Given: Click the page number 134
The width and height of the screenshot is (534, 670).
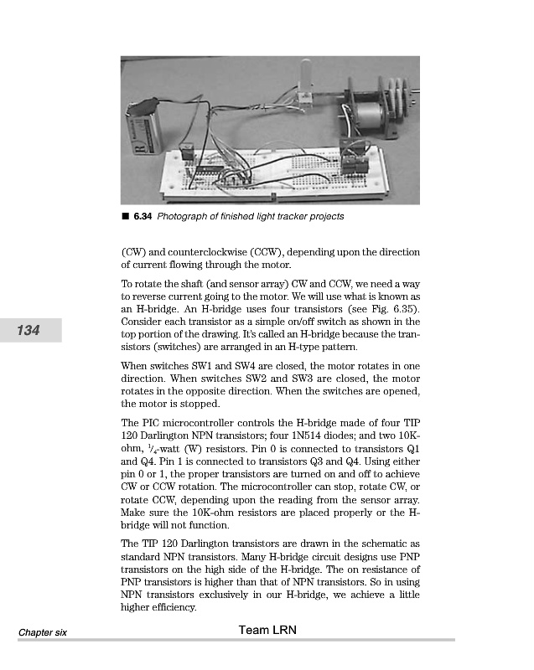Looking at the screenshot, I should click(30, 331).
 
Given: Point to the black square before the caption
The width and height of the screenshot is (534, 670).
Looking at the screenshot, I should click(125, 217).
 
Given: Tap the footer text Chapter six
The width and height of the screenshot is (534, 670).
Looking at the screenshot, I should click(44, 631).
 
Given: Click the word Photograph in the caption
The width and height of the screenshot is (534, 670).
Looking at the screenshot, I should click(184, 217).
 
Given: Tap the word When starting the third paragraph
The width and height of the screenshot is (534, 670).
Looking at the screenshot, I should click(137, 365).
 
